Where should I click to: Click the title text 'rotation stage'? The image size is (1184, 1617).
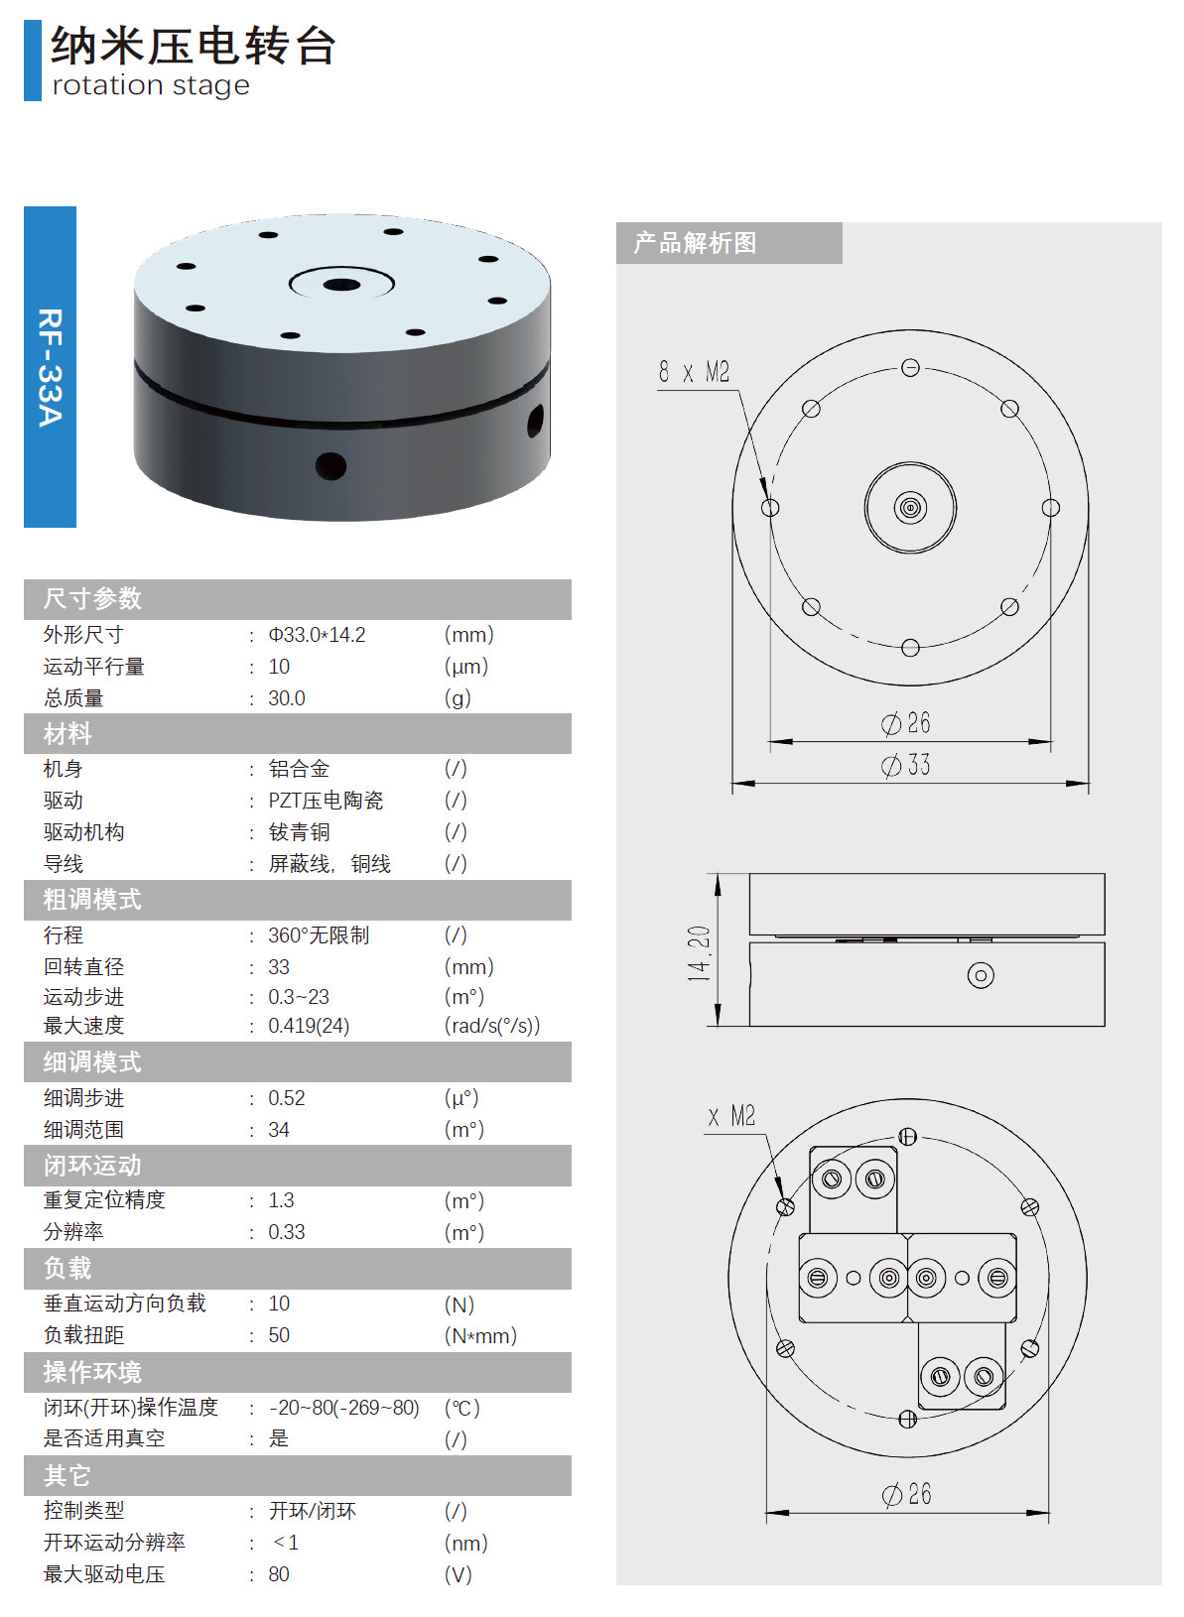click(151, 86)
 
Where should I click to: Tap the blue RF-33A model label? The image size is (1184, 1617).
click(50, 367)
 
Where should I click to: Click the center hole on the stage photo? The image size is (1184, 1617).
click(341, 285)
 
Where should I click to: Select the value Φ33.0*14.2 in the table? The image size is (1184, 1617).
click(317, 635)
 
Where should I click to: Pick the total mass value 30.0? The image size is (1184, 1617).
click(287, 698)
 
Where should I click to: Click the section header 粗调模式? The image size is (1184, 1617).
click(92, 900)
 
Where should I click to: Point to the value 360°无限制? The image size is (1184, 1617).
click(319, 935)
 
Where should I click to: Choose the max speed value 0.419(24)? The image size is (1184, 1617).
click(309, 1026)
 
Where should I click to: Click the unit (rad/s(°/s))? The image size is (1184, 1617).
click(492, 1026)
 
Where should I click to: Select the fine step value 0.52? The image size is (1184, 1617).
click(287, 1098)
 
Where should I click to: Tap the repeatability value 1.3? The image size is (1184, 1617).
click(281, 1200)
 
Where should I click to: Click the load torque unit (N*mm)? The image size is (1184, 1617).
click(480, 1336)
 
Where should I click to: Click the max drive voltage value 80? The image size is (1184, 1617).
click(279, 1574)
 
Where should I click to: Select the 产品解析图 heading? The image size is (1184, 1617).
click(695, 243)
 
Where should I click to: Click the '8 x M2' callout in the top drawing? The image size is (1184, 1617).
click(694, 373)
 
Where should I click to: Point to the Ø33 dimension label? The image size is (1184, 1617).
click(906, 765)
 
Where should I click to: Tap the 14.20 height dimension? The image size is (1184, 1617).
click(700, 953)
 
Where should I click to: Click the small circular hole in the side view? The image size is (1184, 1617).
click(981, 975)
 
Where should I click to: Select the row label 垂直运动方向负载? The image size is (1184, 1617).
click(125, 1304)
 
